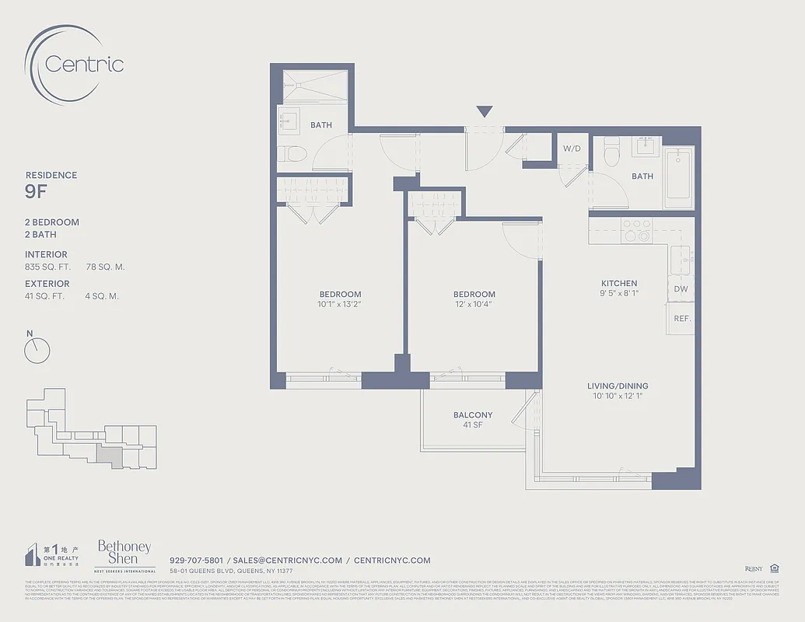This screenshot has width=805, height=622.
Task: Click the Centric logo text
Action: click(x=84, y=64)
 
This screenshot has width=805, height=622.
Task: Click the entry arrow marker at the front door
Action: click(x=485, y=112)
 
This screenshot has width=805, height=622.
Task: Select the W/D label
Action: click(x=572, y=148)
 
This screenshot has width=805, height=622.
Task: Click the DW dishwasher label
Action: click(x=681, y=288)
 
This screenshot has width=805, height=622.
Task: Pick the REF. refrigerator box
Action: click(x=681, y=319)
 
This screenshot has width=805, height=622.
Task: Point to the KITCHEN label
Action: click(x=619, y=283)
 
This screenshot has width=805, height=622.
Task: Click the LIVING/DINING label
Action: click(x=618, y=386)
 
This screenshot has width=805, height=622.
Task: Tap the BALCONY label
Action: click(x=473, y=415)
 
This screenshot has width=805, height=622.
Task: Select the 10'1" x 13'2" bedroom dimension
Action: click(x=340, y=304)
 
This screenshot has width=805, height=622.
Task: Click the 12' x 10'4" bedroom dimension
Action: click(x=474, y=304)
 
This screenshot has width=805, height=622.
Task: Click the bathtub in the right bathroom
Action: click(x=678, y=178)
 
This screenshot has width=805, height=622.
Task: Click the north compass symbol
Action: click(x=37, y=351)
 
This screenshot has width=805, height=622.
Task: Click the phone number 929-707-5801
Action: click(x=196, y=560)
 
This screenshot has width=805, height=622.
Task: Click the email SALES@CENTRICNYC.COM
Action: click(x=288, y=560)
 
